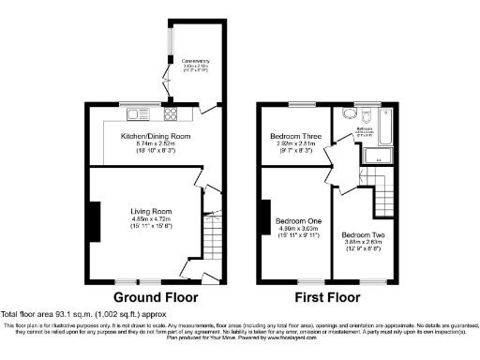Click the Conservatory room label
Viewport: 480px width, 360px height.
(196, 62)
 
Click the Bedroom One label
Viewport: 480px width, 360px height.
(299, 220)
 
